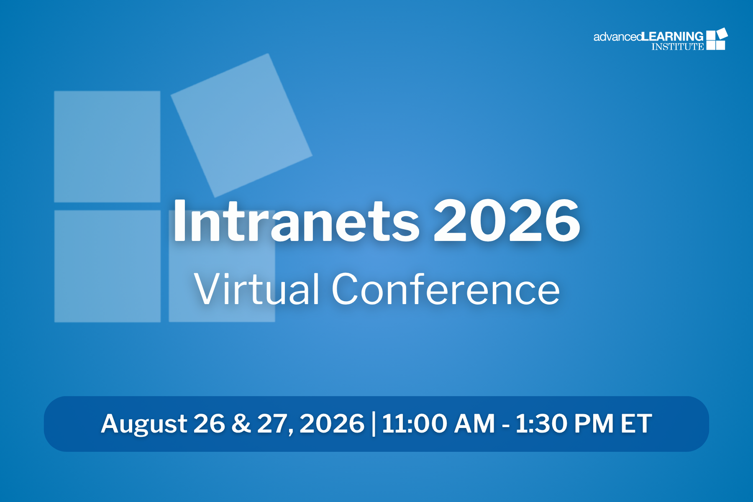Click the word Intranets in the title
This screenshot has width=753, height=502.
pyautogui.click(x=296, y=220)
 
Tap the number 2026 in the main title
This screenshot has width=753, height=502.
pyautogui.click(x=507, y=220)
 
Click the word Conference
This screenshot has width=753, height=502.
pyautogui.click(x=446, y=289)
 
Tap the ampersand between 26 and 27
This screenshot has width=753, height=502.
pyautogui.click(x=241, y=423)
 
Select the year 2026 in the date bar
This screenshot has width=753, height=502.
pyautogui.click(x=332, y=423)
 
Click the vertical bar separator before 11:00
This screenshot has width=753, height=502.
pyautogui.click(x=373, y=424)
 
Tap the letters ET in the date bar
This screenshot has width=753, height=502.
pyautogui.click(x=636, y=423)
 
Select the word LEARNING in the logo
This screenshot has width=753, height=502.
pyautogui.click(x=673, y=36)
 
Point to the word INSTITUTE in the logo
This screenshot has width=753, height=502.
pyautogui.click(x=678, y=46)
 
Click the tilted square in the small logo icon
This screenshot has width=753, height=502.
pyautogui.click(x=722, y=33)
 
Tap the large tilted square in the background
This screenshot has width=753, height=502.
pyautogui.click(x=241, y=125)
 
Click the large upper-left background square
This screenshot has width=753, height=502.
pyautogui.click(x=107, y=146)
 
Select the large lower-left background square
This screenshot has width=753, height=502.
pyautogui.click(x=108, y=266)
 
